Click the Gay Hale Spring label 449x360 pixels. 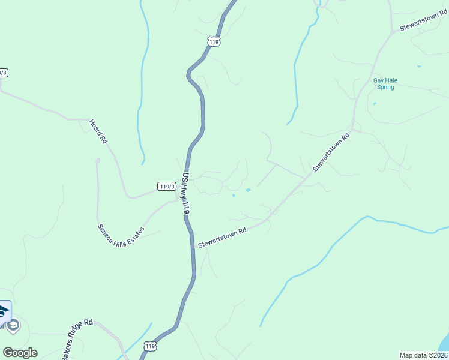point(385,83)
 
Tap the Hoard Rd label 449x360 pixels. point(98,131)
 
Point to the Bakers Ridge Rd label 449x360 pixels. point(77,339)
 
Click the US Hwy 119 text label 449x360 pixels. point(186,194)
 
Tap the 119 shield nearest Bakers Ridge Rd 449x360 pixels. point(150,346)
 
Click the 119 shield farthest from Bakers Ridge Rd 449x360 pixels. point(215,41)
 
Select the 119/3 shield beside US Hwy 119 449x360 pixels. point(167,186)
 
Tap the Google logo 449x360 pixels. point(20,353)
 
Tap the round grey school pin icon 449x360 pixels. point(13,326)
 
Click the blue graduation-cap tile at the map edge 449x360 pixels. point(4,311)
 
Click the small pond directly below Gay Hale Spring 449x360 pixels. point(374,103)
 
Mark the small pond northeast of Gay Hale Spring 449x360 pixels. point(418,66)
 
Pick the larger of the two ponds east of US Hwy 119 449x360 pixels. point(248,191)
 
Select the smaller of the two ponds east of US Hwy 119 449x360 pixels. point(233,195)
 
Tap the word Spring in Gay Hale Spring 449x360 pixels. point(385,87)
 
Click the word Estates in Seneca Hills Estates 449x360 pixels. point(135,232)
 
